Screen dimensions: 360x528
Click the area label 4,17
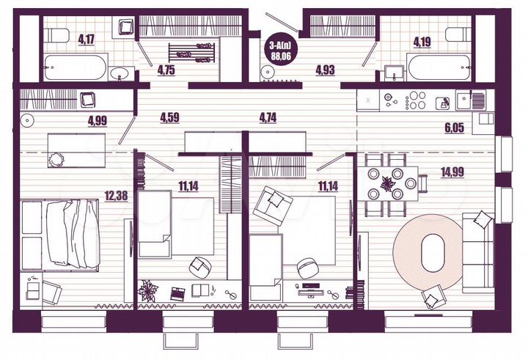(x=86, y=39)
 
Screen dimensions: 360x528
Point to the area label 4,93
(x=326, y=70)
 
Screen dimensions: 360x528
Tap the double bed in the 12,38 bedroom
(x=70, y=232)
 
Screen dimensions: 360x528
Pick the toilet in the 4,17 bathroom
(x=125, y=29)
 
